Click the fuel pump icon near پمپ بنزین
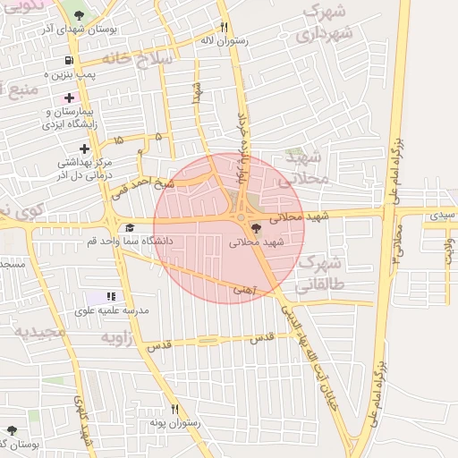point(69,62)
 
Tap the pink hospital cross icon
point(69,97)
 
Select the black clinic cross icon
point(84,148)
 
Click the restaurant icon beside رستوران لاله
point(225,27)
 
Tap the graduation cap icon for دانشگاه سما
point(130,227)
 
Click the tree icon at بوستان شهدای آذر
point(80,15)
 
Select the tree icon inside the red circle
point(258,227)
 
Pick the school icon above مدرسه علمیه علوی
point(111,296)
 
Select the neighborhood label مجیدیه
point(39,332)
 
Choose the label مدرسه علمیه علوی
point(113,310)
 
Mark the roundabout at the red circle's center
point(241,217)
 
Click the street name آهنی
point(243,289)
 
